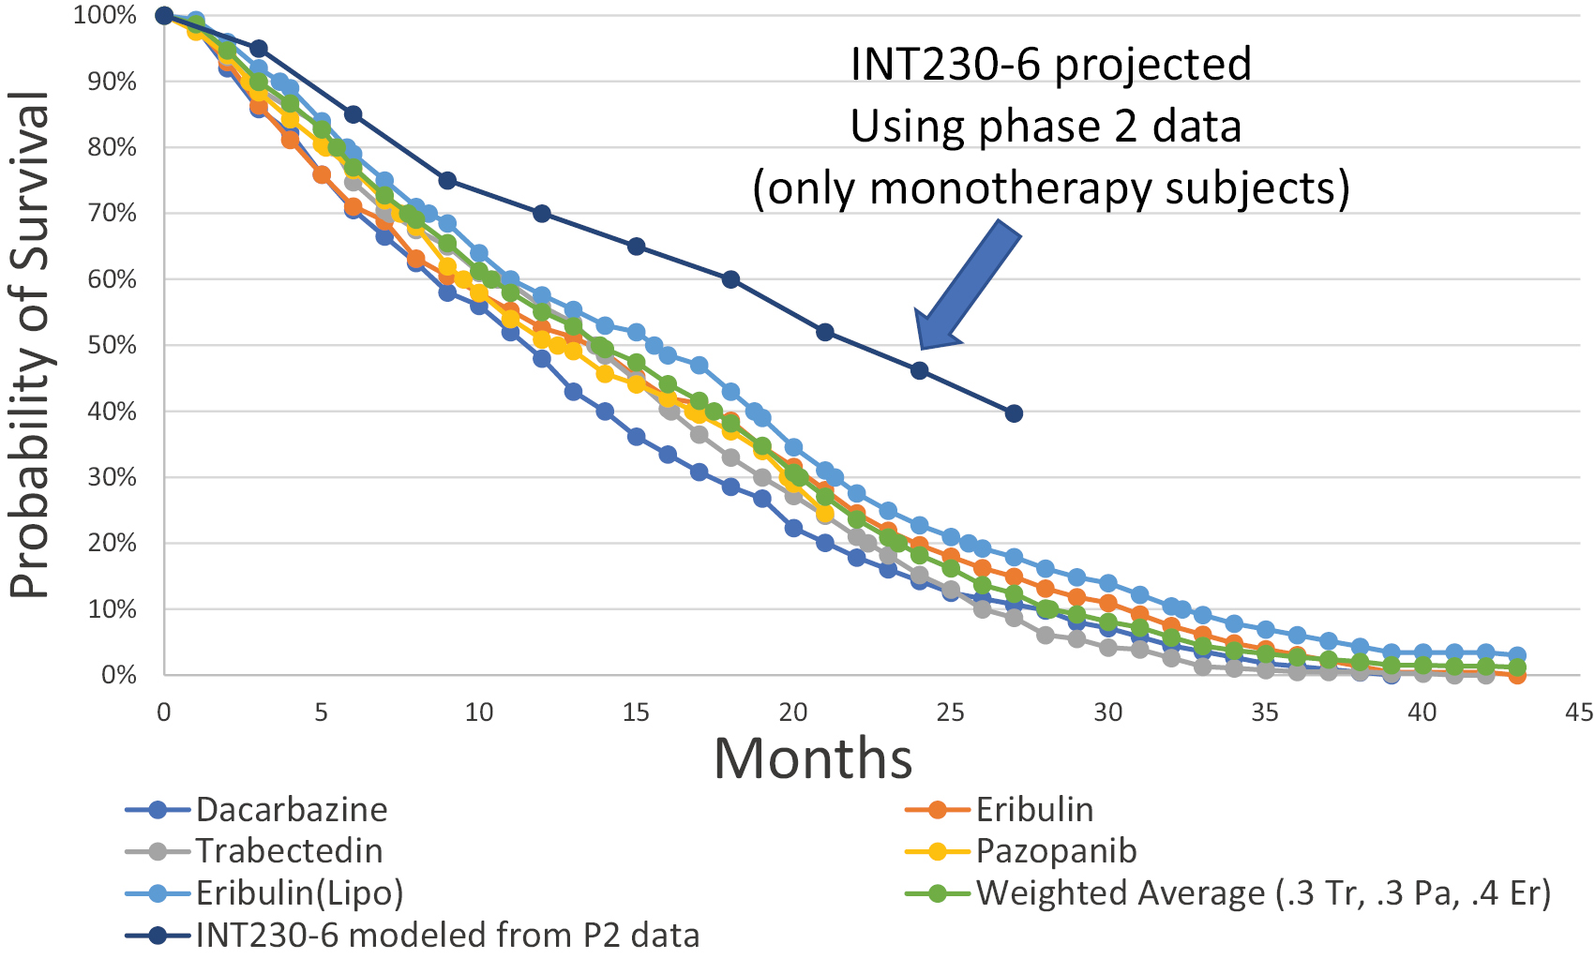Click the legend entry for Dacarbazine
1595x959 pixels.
click(x=291, y=810)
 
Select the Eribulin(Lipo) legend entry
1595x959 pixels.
click(x=299, y=893)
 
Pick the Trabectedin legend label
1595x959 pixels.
click(x=289, y=851)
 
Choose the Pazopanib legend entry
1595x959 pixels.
click(x=1056, y=851)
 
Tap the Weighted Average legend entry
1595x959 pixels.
click(x=1262, y=893)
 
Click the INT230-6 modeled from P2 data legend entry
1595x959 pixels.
click(x=446, y=935)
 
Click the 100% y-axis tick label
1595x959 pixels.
click(x=105, y=16)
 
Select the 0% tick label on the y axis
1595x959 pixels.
click(x=118, y=675)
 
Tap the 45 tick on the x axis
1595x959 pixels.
click(x=1579, y=713)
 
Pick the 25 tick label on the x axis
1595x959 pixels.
click(x=950, y=713)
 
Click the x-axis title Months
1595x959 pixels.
click(x=813, y=758)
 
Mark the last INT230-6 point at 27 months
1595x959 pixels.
click(x=1014, y=413)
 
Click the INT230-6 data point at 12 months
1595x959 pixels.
click(x=542, y=214)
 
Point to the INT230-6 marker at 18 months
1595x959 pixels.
click(x=730, y=279)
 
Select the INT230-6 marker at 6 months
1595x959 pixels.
click(x=353, y=114)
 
